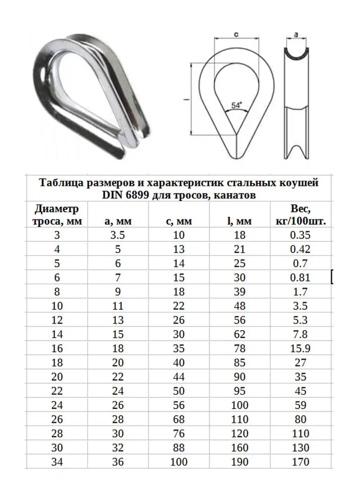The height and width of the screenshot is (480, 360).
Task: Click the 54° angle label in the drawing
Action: click(x=236, y=106)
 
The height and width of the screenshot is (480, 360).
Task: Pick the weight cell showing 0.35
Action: click(x=301, y=235)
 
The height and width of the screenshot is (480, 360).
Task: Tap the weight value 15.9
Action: click(x=301, y=348)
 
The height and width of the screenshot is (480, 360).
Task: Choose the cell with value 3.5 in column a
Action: click(x=118, y=235)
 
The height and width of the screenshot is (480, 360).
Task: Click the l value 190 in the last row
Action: click(x=240, y=462)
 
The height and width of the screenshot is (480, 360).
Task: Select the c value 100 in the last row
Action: click(x=179, y=462)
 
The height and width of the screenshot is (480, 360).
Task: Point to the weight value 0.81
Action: click(x=301, y=278)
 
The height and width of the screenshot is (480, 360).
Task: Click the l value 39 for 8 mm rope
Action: click(x=240, y=292)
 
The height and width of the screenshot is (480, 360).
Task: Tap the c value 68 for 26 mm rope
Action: click(x=179, y=419)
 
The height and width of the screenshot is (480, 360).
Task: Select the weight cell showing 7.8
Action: click(x=301, y=334)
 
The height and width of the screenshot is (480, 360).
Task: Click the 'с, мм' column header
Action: click(x=179, y=221)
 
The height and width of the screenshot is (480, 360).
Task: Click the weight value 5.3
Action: click(x=301, y=320)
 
